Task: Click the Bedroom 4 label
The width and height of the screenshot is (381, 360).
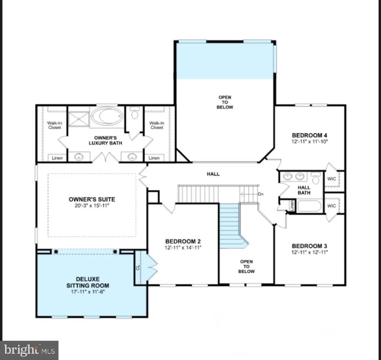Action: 310,135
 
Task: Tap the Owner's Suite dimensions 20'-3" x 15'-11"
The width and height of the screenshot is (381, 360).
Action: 92,206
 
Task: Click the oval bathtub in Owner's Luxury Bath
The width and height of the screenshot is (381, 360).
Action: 106,116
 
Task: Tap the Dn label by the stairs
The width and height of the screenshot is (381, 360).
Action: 261,194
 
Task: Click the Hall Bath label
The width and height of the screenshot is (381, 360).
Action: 304,190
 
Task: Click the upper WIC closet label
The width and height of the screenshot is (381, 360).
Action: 332,179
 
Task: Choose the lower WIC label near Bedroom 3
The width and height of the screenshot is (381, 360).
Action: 332,206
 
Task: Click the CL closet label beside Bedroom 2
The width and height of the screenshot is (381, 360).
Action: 138,267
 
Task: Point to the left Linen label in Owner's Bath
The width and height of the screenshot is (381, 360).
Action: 57,158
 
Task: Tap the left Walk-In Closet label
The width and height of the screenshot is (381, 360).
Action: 54,125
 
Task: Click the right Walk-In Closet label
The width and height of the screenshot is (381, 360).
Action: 157,125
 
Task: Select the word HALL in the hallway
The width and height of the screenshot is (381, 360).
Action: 213,174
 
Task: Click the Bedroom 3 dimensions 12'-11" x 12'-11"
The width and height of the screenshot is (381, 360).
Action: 310,252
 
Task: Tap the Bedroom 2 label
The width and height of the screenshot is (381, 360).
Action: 183,241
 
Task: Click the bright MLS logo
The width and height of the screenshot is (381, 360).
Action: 29,350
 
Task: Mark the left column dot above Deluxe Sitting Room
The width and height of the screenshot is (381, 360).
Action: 56,251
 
